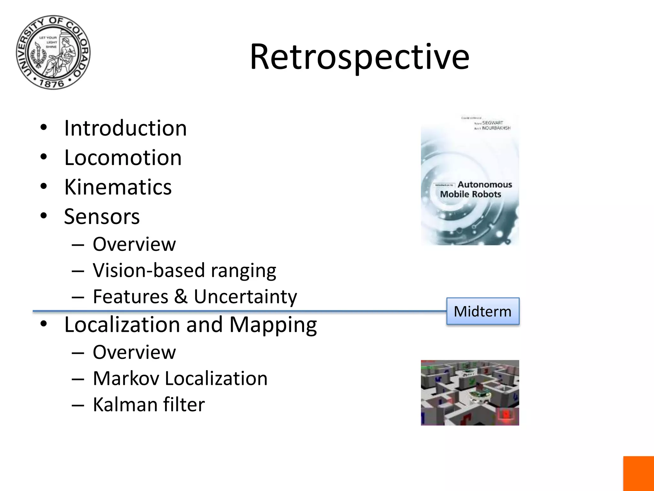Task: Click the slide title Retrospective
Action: coord(359,57)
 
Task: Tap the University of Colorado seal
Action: coord(53,52)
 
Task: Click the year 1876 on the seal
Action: coord(52,84)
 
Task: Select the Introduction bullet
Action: coord(125,128)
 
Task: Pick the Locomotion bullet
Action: coord(123,158)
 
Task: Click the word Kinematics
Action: coord(118,187)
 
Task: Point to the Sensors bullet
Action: coord(102,216)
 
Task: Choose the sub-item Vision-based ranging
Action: coord(184,270)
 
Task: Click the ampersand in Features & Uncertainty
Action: coord(181,296)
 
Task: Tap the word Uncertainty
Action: coord(245,297)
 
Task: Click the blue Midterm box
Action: coord(483,311)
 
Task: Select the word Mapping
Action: coord(273,325)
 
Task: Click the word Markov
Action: coord(126,378)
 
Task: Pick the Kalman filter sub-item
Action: coord(148,405)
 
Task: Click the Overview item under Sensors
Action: coord(134,244)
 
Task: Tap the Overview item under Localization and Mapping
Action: coord(134,352)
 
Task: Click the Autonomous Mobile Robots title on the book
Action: coord(476,189)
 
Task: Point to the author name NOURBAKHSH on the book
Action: coord(496,128)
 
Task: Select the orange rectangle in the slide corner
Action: coord(638,473)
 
